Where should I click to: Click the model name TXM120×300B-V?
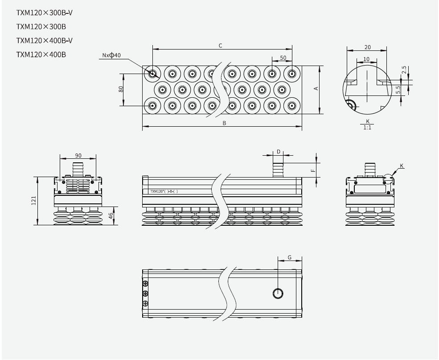click(45, 12)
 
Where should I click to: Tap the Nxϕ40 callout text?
click(111, 55)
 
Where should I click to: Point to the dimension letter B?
click(225, 124)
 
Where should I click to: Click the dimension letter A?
click(316, 89)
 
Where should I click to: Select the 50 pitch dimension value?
click(283, 58)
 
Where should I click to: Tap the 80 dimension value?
click(121, 89)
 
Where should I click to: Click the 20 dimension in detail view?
click(367, 47)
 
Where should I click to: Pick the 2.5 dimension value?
click(404, 70)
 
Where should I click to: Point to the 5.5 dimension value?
click(404, 90)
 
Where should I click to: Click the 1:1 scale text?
click(367, 128)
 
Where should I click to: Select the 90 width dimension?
click(78, 155)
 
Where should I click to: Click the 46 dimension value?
click(111, 216)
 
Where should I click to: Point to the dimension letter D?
click(278, 152)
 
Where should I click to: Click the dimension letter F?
click(313, 169)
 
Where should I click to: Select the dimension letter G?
click(290, 257)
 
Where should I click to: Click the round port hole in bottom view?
click(278, 293)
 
